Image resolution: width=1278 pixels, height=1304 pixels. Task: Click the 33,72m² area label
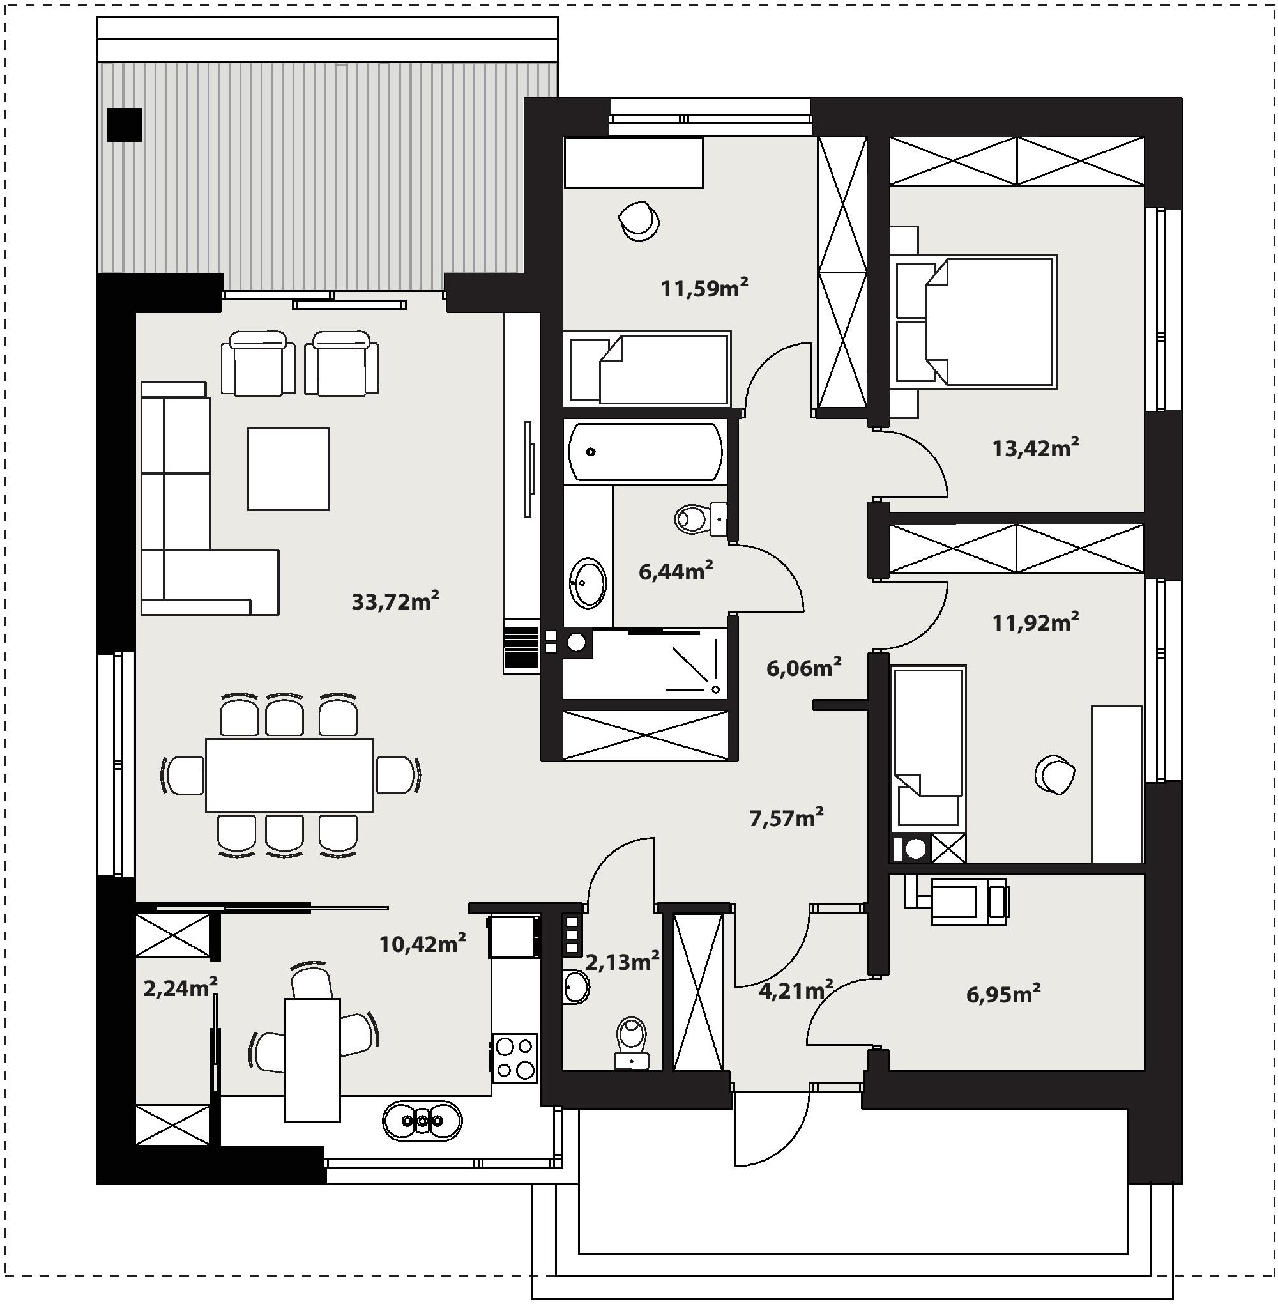[395, 601]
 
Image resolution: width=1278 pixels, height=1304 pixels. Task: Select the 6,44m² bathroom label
[675, 571]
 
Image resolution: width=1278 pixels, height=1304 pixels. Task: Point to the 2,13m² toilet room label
[622, 962]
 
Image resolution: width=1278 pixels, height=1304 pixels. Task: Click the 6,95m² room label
[1003, 993]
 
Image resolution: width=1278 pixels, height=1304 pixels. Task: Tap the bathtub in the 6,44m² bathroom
[646, 452]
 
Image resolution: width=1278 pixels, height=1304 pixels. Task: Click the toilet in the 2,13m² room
[632, 1043]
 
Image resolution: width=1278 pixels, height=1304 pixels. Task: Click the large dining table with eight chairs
[289, 775]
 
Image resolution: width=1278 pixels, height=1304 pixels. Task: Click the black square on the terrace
[124, 125]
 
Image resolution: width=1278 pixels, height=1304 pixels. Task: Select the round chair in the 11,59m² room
[639, 220]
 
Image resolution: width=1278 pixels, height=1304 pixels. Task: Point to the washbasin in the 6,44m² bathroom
[588, 582]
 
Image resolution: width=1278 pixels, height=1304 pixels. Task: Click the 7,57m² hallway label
[786, 818]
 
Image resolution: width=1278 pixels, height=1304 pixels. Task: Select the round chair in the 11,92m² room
[1055, 775]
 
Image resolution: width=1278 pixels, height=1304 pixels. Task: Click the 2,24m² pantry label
[180, 988]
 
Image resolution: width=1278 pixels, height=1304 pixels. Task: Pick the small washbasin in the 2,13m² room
[576, 986]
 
